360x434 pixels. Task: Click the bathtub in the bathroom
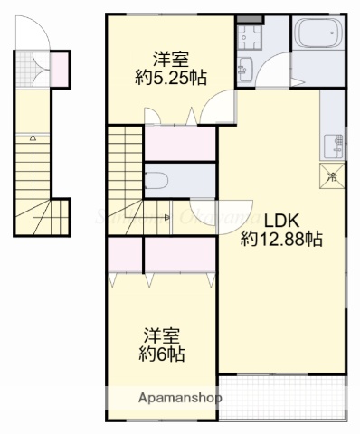coord(318,37)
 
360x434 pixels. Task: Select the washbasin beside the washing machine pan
coord(244,69)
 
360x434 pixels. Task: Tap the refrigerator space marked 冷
coord(332,176)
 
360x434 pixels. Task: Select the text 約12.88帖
coord(281,240)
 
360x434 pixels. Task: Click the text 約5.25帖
coord(169,79)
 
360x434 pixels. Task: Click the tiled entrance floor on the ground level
coord(34,70)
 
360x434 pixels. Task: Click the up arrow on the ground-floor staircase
coord(33,139)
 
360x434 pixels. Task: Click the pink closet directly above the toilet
coord(179,144)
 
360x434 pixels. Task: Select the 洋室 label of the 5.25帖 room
coord(169,59)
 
